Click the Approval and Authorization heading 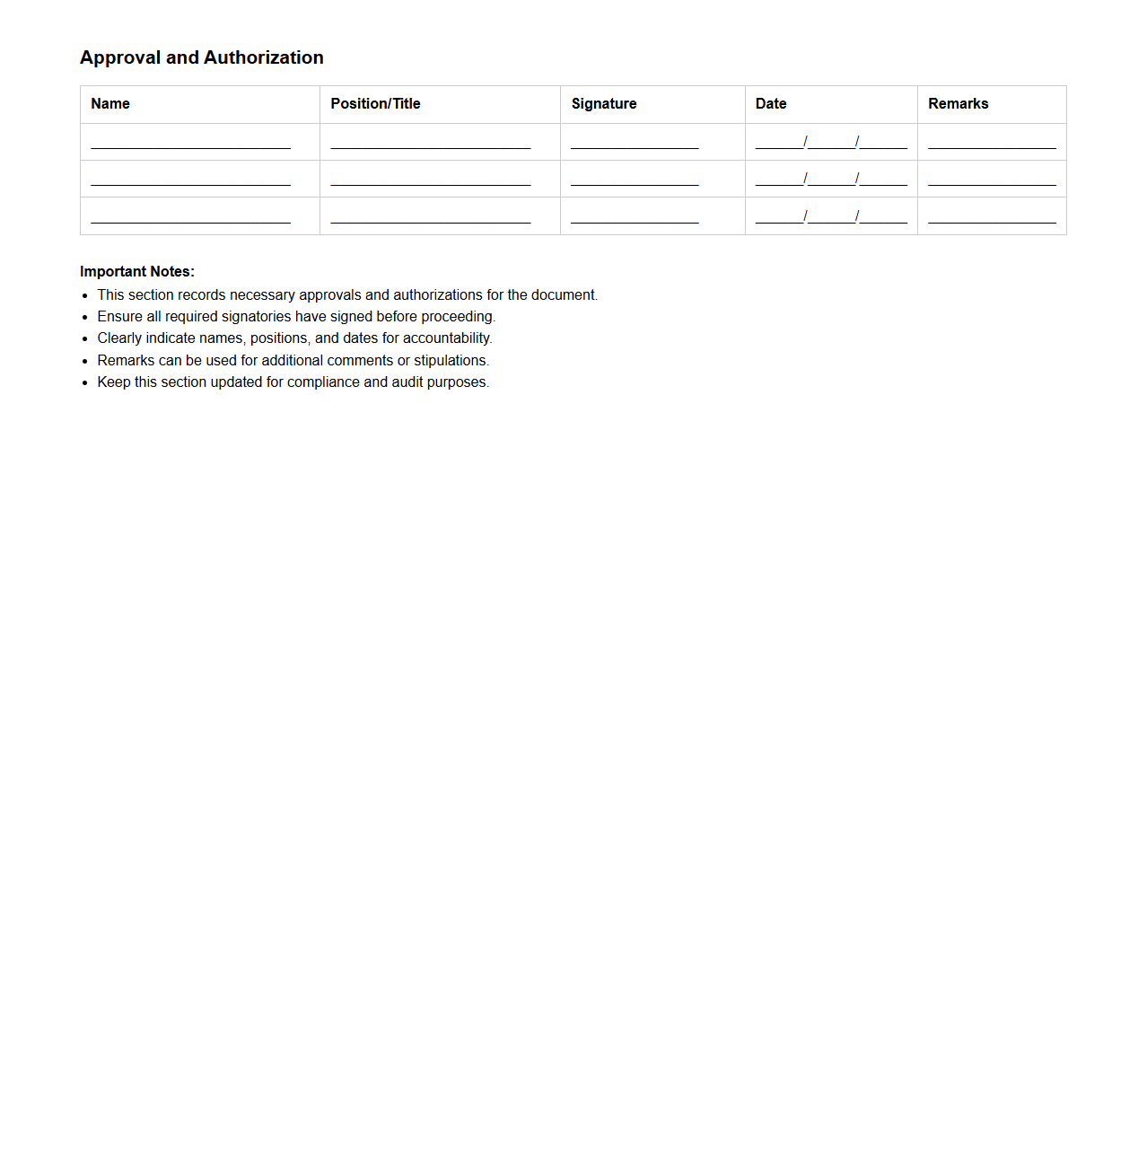(x=202, y=57)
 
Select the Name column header (x=110, y=104)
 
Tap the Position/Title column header (x=375, y=104)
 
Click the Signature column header (x=604, y=104)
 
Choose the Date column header (x=771, y=104)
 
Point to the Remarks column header (x=958, y=104)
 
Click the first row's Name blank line (x=190, y=143)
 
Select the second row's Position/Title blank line (x=431, y=180)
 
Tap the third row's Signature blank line (x=635, y=217)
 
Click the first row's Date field (x=831, y=143)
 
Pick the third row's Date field (x=831, y=217)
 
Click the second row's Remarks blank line (x=992, y=180)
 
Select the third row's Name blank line (x=190, y=217)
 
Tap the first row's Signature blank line (x=635, y=143)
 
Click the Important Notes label (x=137, y=272)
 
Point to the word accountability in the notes (x=447, y=338)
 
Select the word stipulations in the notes (x=451, y=361)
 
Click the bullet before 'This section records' (x=85, y=296)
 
